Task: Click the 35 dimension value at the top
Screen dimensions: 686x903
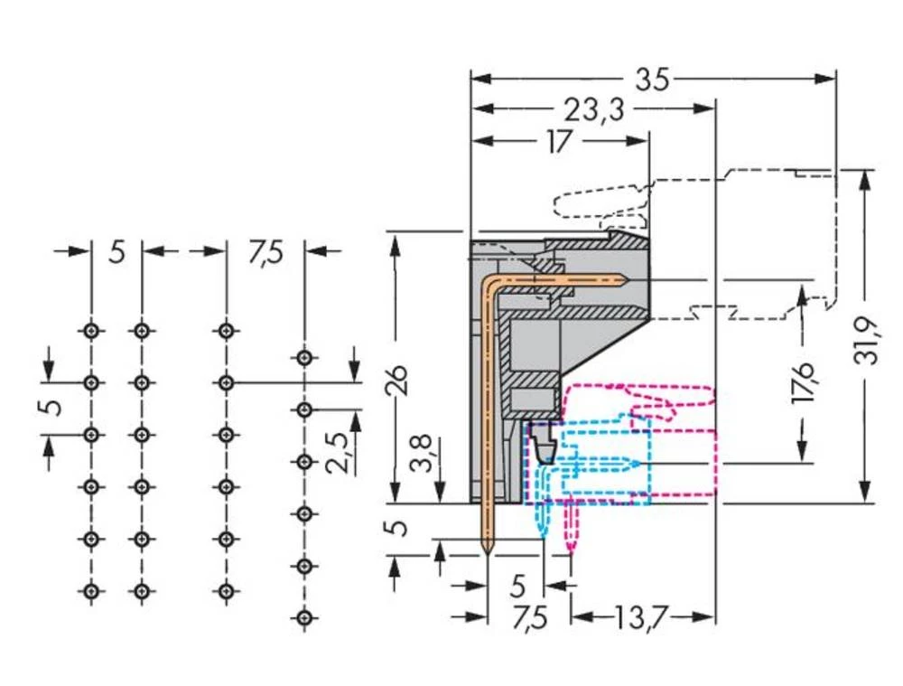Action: click(652, 80)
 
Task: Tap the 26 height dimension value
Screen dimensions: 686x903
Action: click(400, 381)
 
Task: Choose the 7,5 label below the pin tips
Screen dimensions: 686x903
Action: click(529, 620)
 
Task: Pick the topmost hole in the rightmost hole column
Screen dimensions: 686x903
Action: click(304, 356)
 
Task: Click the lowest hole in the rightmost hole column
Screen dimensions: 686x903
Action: click(304, 617)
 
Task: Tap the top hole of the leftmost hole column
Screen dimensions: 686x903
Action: click(89, 330)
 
